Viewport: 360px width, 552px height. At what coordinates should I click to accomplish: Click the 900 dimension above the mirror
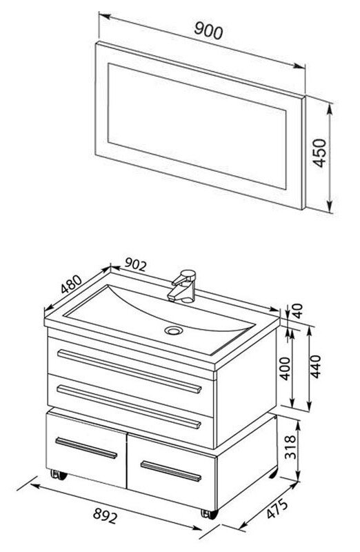(x=208, y=30)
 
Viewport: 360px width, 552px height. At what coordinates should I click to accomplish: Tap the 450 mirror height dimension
(x=320, y=153)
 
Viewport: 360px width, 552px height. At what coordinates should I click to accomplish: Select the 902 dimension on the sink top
(x=135, y=264)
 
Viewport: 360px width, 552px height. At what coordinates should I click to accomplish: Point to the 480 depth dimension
(x=71, y=284)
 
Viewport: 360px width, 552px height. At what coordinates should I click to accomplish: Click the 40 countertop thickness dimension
(x=298, y=311)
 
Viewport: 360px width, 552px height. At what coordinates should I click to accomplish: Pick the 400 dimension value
(x=286, y=368)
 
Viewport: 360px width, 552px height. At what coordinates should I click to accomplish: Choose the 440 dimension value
(x=315, y=366)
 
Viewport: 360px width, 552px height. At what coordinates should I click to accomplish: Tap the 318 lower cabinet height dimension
(x=290, y=447)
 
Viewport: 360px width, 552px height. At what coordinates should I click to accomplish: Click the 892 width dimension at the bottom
(x=105, y=516)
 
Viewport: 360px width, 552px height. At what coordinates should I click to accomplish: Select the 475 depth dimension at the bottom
(x=277, y=509)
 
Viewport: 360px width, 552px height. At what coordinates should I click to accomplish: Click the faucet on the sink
(x=183, y=286)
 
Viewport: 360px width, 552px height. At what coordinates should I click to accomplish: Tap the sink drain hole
(x=174, y=331)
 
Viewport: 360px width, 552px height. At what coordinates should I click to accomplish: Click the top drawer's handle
(x=130, y=371)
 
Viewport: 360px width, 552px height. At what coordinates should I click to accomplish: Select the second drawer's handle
(x=129, y=406)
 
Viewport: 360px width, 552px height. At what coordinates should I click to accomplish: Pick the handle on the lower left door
(x=86, y=448)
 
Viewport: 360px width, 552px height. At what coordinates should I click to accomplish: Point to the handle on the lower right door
(x=171, y=471)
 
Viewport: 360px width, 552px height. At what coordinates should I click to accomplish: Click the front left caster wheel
(x=59, y=475)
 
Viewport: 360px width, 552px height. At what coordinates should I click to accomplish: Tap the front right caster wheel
(x=210, y=514)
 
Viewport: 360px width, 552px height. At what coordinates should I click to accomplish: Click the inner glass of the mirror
(x=197, y=126)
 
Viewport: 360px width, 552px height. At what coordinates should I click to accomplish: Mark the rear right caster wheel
(x=273, y=473)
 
